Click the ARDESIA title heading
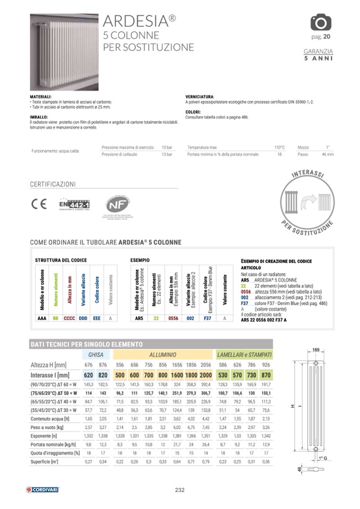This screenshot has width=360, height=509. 139,21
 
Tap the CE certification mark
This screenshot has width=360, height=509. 39,204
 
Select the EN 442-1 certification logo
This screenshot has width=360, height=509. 74,204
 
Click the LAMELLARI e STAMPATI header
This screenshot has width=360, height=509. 244,353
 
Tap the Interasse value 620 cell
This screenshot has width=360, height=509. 88,374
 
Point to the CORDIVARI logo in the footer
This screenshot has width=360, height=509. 42,489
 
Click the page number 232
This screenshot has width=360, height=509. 179,490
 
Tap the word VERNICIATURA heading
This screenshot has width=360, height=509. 200,97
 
